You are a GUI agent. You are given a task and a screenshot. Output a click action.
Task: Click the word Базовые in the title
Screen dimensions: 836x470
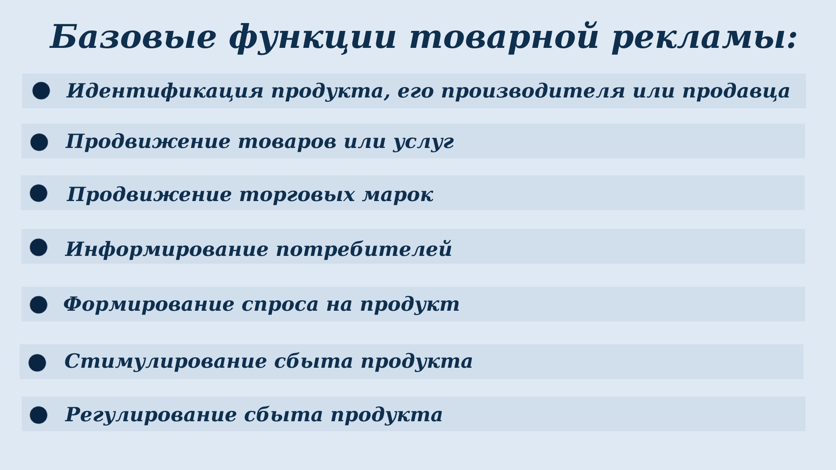tap(133, 37)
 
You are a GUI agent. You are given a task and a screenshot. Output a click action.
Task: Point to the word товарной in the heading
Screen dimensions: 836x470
tap(504, 37)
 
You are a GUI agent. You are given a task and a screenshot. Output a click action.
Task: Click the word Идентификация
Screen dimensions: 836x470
tap(165, 91)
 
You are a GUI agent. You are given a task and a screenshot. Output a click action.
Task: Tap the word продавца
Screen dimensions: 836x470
tap(736, 91)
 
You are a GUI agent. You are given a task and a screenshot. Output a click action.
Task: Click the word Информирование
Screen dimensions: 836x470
tap(167, 249)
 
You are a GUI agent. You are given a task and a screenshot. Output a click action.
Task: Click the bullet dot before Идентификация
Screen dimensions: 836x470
tap(41, 91)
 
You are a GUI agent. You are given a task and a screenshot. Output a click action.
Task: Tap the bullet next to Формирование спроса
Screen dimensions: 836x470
tap(38, 305)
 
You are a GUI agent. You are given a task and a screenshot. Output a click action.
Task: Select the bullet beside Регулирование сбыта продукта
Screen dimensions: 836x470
tap(38, 415)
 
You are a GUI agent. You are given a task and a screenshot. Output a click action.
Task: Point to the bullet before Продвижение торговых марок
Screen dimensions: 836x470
tap(38, 193)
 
